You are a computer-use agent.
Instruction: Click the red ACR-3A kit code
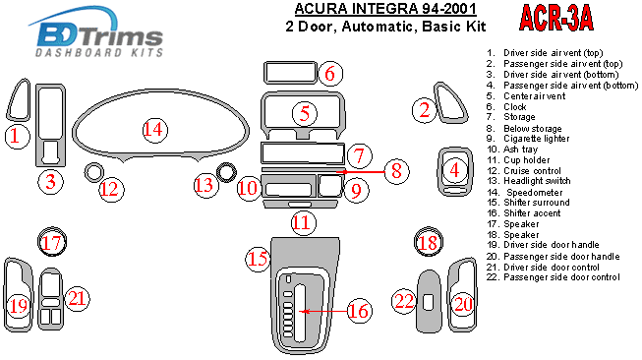pos(556,18)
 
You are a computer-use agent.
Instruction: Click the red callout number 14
pos(154,130)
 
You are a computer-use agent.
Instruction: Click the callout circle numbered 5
pos(305,113)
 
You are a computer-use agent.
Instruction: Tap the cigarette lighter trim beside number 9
pos(329,185)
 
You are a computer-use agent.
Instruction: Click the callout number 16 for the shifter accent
pos(359,311)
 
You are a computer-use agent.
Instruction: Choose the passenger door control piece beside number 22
pos(429,301)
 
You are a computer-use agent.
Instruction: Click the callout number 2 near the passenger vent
pos(424,110)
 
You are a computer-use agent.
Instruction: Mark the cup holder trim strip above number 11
pos(302,205)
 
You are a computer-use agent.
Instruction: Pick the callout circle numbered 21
pos(77,298)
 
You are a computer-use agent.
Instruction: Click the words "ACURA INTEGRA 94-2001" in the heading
pos(385,9)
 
